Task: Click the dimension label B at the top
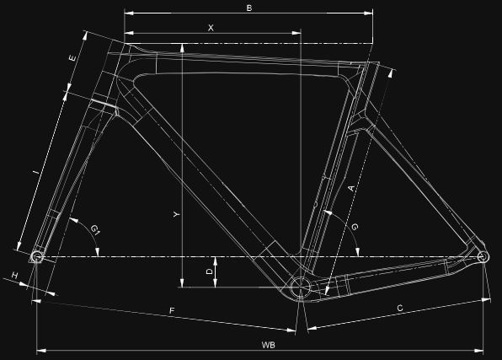[249, 8]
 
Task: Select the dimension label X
[211, 28]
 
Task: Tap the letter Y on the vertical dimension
[176, 214]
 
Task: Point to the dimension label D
[210, 271]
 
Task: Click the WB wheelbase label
[269, 345]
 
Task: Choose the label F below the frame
[172, 310]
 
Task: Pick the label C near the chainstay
[400, 308]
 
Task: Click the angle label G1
[95, 229]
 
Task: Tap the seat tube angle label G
[355, 227]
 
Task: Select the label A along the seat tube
[351, 188]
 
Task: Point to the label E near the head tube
[72, 58]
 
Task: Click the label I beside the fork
[37, 173]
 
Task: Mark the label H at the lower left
[15, 275]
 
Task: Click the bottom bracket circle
[301, 287]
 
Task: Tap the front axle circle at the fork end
[37, 256]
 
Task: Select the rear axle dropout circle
[483, 256]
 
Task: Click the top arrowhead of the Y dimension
[182, 48]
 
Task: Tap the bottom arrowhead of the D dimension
[215, 282]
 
